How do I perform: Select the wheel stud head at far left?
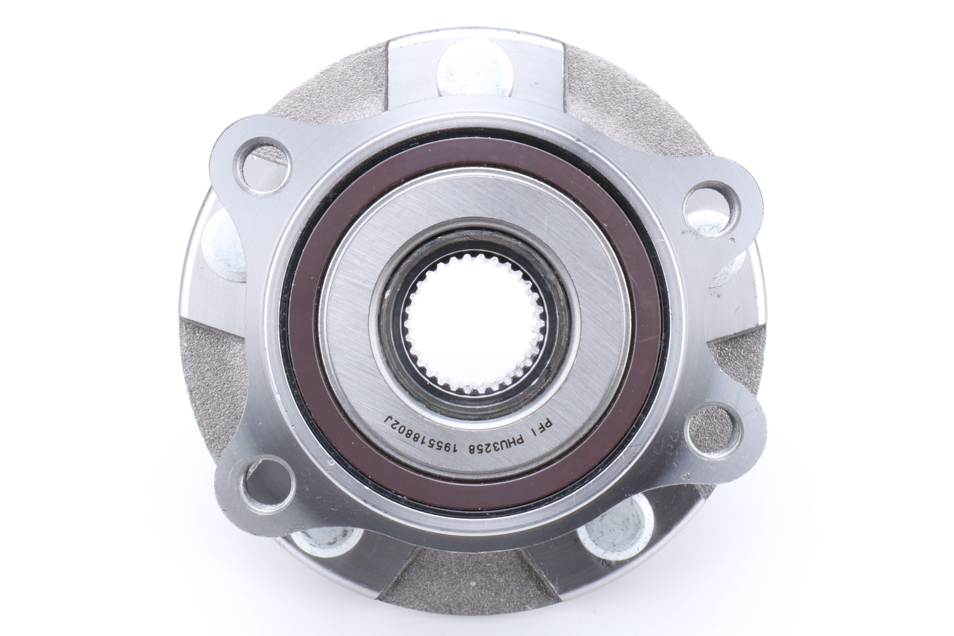coord(221,247)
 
